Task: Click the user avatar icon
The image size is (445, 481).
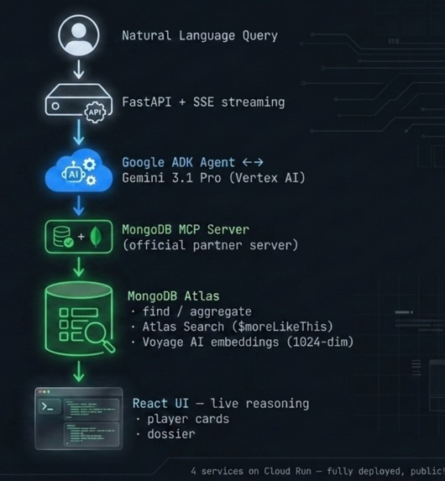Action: pyautogui.click(x=79, y=35)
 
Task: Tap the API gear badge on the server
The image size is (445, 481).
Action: pyautogui.click(x=95, y=112)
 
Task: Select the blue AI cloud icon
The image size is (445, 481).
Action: pyautogui.click(x=79, y=170)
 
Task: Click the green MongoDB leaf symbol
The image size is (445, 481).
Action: pyautogui.click(x=96, y=237)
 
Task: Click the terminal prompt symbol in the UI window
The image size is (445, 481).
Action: pyautogui.click(x=47, y=407)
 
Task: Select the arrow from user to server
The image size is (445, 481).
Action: pyautogui.click(x=79, y=70)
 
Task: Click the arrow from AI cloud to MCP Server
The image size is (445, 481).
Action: pyautogui.click(x=79, y=206)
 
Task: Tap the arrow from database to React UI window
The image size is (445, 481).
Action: pyautogui.click(x=79, y=372)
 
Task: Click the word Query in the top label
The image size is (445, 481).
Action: pyautogui.click(x=260, y=36)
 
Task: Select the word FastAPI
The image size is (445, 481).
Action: pyautogui.click(x=147, y=102)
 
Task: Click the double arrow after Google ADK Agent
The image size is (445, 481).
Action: pyautogui.click(x=253, y=162)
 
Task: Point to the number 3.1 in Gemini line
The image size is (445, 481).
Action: pyautogui.click(x=182, y=178)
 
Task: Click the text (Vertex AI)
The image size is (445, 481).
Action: pyautogui.click(x=267, y=178)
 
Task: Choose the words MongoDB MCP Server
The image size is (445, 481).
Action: pyautogui.click(x=186, y=230)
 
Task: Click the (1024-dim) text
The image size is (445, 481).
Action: pyautogui.click(x=320, y=342)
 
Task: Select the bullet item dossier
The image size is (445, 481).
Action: pyautogui.click(x=171, y=434)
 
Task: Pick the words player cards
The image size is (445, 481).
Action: pyautogui.click(x=188, y=419)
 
